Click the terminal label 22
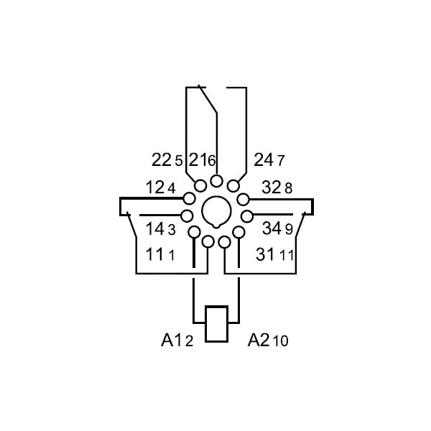coord(162,159)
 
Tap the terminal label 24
coord(264,159)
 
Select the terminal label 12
coord(154,187)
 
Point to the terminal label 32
coord(272,187)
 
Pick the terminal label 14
coord(154,228)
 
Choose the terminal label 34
coord(272,228)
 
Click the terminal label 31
coord(265,254)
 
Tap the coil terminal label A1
coord(172,340)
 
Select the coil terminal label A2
coord(259,340)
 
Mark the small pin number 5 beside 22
coord(179,161)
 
